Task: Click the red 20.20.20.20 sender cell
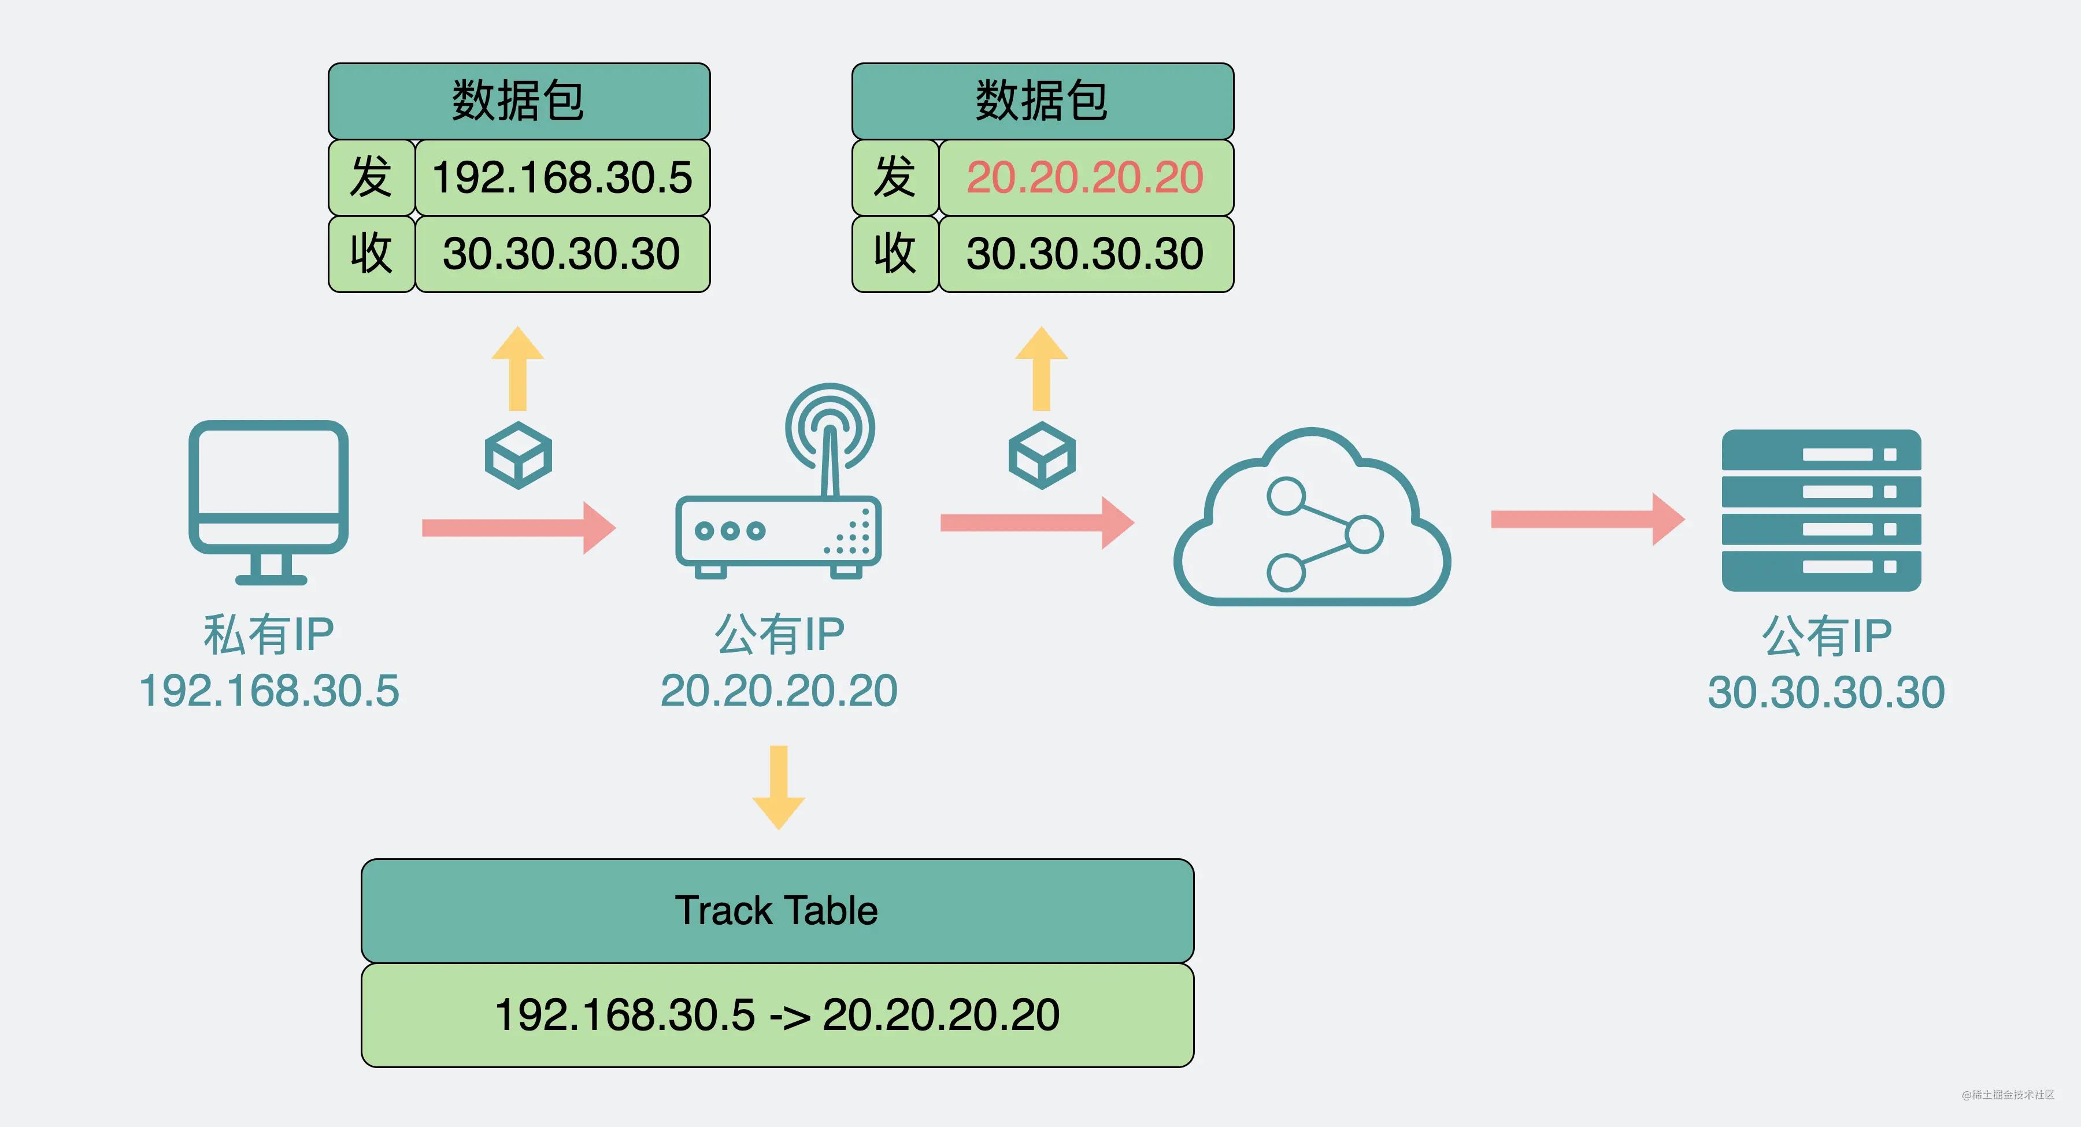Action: pos(1085,178)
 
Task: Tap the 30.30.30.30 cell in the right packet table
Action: pos(1085,254)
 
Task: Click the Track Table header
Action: pos(777,910)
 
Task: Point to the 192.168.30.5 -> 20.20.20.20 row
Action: pos(777,1015)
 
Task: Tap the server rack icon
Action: pos(1821,510)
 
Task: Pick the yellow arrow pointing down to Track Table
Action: pos(779,788)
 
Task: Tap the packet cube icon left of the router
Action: pos(518,455)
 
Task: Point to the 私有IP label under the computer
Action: pos(268,634)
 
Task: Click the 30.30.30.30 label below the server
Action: pos(1825,692)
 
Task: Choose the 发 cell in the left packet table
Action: pos(371,178)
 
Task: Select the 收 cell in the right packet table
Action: pos(895,254)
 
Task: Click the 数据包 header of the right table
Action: pos(1042,101)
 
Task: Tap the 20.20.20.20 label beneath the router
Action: pos(779,691)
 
